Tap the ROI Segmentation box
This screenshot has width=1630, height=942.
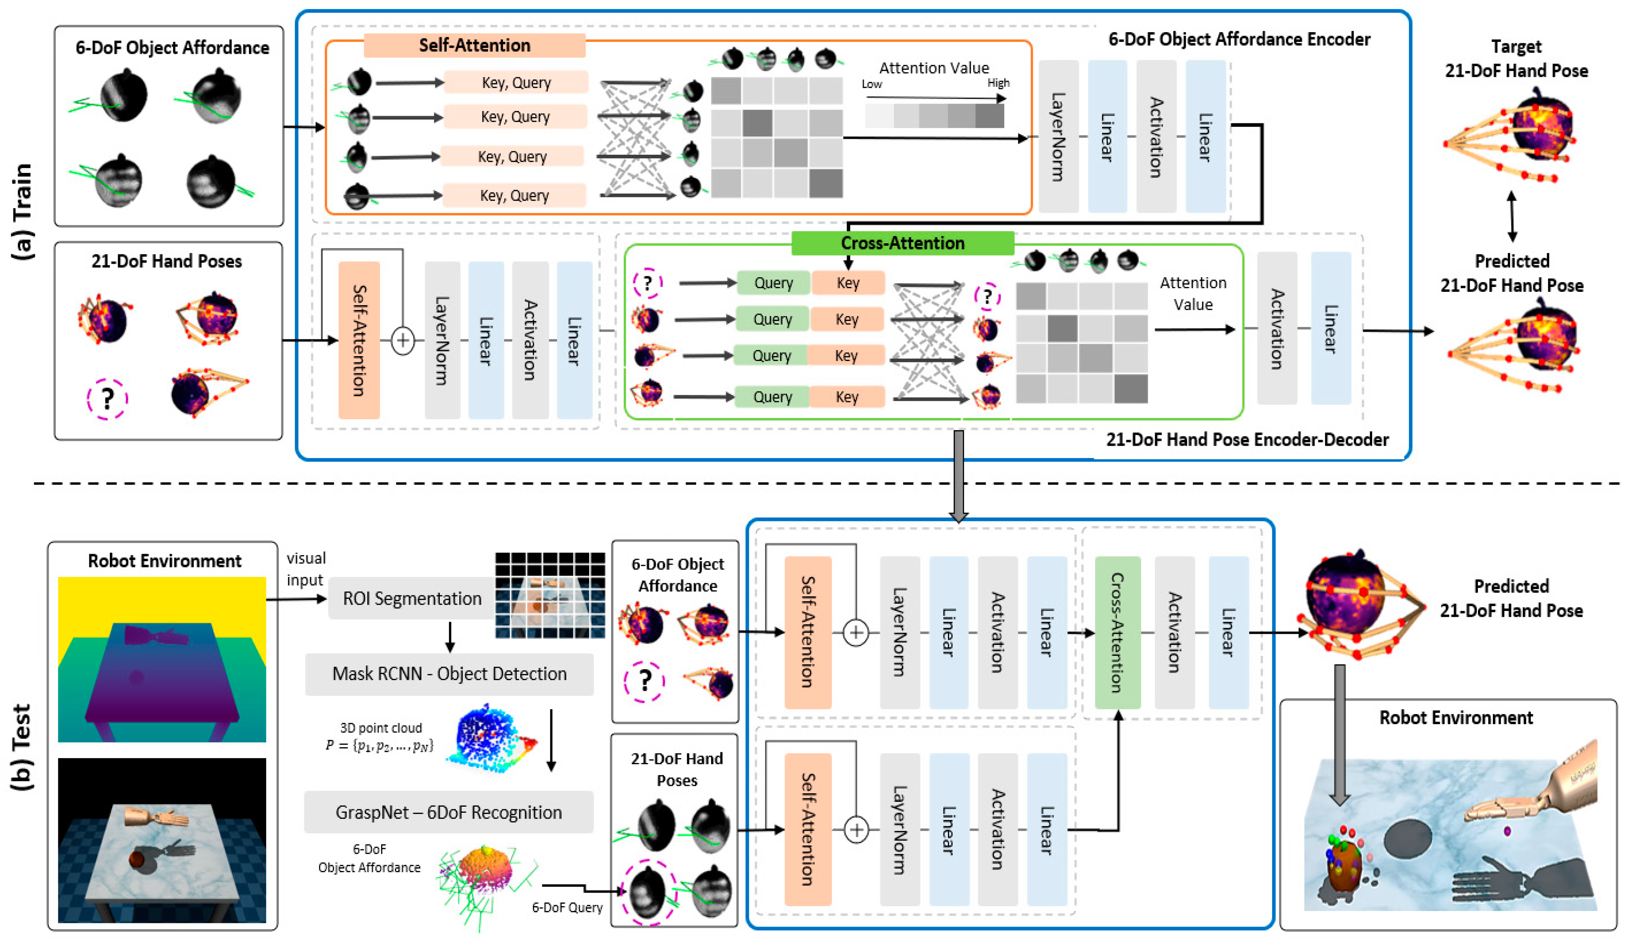click(412, 599)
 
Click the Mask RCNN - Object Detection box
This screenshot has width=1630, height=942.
click(449, 674)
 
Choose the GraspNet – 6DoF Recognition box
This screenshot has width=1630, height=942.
click(448, 813)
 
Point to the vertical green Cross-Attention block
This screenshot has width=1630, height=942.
click(1117, 632)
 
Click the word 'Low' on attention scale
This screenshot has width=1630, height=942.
click(871, 84)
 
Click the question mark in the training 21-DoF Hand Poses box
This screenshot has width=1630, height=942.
click(107, 399)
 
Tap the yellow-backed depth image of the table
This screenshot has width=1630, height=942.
click(162, 659)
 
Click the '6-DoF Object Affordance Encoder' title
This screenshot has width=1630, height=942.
click(1239, 40)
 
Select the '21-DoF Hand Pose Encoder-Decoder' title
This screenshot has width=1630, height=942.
click(1247, 440)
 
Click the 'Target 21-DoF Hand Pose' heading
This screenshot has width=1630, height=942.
click(1516, 58)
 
